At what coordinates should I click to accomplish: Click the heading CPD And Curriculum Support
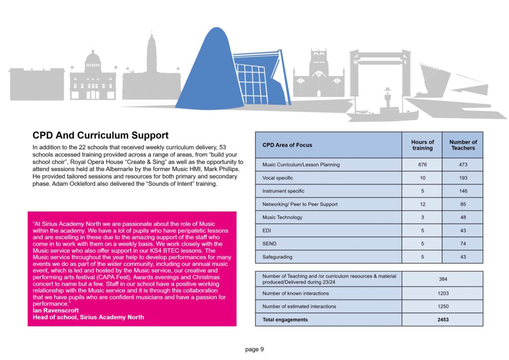[x=100, y=135]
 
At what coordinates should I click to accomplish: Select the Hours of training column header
[x=423, y=145]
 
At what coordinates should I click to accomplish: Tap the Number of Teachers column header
[x=463, y=145]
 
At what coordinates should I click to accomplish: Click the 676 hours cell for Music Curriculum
[x=423, y=165]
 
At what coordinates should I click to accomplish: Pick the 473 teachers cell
[x=463, y=165]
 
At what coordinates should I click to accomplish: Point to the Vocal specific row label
[x=277, y=178]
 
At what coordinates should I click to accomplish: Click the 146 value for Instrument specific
[x=463, y=191]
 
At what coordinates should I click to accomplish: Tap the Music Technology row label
[x=282, y=217]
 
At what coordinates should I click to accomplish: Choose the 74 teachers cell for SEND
[x=463, y=244]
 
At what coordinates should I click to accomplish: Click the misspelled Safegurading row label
[x=277, y=257]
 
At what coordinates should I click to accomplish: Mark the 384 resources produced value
[x=442, y=279]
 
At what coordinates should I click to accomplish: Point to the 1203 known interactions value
[x=442, y=293]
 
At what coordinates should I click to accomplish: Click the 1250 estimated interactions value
[x=442, y=306]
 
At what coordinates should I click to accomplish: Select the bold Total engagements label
[x=285, y=320]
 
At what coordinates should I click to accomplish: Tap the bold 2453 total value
[x=442, y=320]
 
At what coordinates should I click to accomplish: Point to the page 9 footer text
[x=254, y=350]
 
